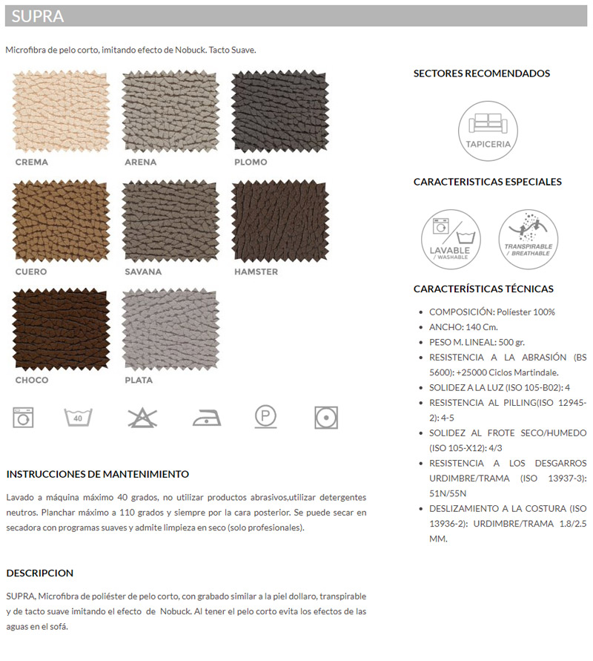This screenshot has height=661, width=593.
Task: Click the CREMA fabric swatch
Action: click(x=61, y=112)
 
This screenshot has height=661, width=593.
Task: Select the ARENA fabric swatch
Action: click(x=170, y=112)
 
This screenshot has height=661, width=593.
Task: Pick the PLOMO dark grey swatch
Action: click(x=280, y=112)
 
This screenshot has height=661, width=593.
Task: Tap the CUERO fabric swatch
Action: click(x=61, y=221)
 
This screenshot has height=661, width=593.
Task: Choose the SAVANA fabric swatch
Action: click(x=170, y=221)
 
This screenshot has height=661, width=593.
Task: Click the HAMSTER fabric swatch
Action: click(x=280, y=221)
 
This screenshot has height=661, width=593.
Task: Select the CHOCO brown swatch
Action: click(x=61, y=330)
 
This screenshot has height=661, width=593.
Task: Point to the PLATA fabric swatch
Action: click(x=170, y=330)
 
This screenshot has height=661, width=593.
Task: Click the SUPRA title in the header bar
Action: click(x=37, y=16)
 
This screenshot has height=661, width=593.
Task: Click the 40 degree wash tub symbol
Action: click(x=77, y=417)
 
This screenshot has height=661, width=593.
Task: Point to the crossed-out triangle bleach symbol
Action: click(x=138, y=417)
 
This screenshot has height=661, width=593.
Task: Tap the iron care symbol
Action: click(x=207, y=418)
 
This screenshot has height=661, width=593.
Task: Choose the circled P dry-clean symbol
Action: click(x=265, y=416)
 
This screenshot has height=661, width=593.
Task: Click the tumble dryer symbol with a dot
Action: click(x=325, y=416)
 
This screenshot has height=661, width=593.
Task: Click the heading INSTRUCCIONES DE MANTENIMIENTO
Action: click(x=98, y=474)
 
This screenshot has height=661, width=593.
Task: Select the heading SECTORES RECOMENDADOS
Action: click(x=482, y=74)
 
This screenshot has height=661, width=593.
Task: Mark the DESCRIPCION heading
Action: click(x=40, y=573)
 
